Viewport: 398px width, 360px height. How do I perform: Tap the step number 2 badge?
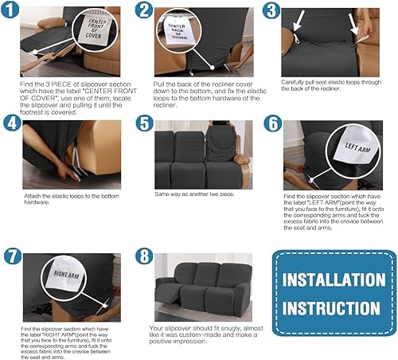144,11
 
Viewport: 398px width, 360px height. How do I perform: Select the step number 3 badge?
272,11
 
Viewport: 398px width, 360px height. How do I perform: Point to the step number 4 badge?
11,125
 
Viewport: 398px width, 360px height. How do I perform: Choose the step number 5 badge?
144,124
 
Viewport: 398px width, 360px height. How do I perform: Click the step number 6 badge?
272,124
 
